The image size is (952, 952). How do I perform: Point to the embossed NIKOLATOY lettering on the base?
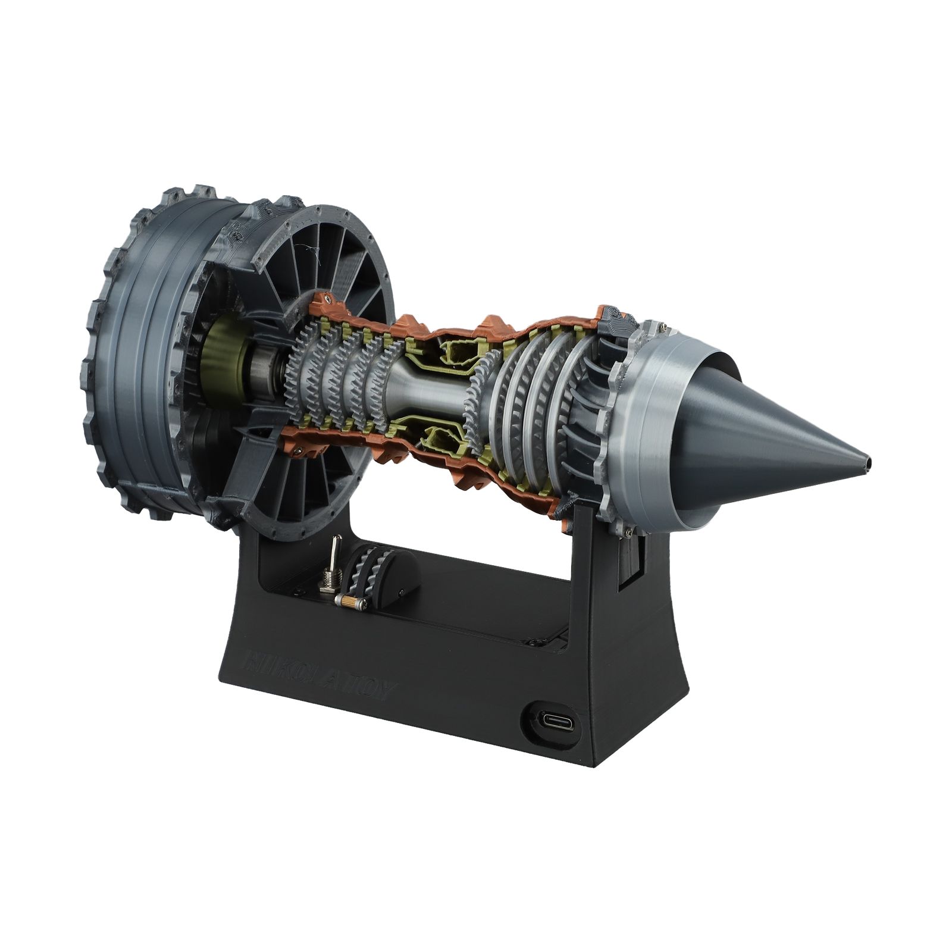[x=321, y=674]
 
